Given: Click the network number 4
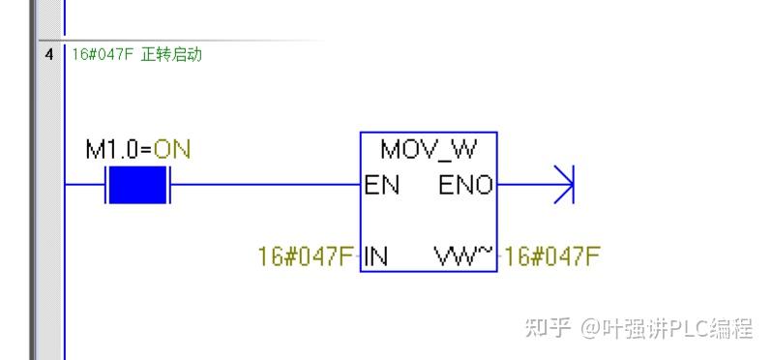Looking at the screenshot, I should click(x=48, y=54).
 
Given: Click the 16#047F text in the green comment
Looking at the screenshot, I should click(x=102, y=54).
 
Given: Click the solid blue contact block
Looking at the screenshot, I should click(x=136, y=184).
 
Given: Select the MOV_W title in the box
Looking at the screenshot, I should click(x=429, y=150).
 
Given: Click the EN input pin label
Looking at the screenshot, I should click(x=381, y=185).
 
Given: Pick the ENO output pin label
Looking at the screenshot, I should click(x=465, y=185).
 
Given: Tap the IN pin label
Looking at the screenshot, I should click(x=375, y=257).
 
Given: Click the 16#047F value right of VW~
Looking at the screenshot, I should click(x=552, y=257).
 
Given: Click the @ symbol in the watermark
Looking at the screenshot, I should click(x=590, y=329).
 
